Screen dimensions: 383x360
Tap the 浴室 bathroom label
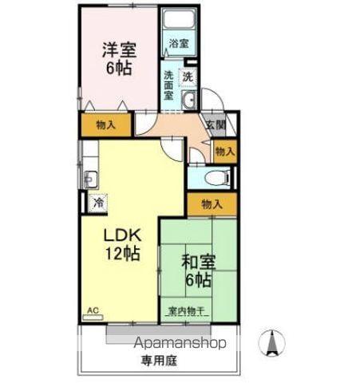click(x=178, y=45)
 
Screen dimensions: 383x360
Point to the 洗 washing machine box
click(x=188, y=77)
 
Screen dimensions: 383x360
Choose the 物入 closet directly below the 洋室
click(x=105, y=124)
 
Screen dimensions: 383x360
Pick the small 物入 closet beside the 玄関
click(x=225, y=150)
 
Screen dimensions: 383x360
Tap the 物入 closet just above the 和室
click(x=212, y=204)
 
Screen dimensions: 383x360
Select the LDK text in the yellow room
click(x=121, y=236)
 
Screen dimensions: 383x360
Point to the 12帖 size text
click(x=121, y=255)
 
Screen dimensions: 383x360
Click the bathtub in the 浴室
click(x=178, y=22)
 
